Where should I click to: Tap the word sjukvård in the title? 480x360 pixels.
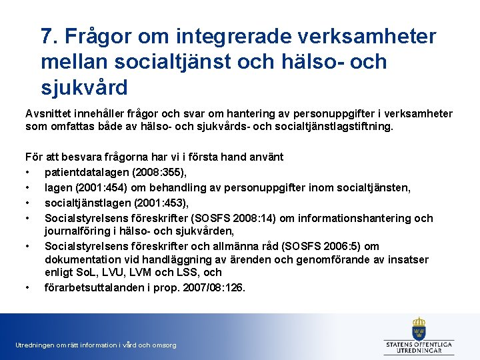click(84, 87)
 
